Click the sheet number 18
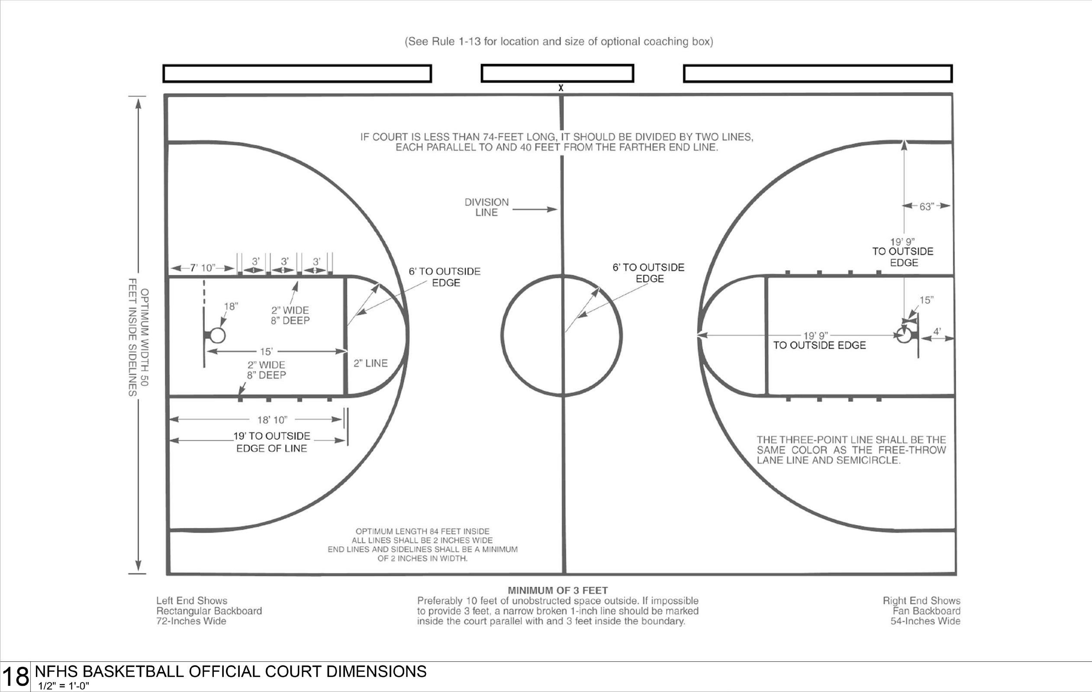click(16, 676)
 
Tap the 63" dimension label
click(927, 207)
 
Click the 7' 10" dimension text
click(202, 268)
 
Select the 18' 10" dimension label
click(272, 420)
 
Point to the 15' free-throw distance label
click(266, 352)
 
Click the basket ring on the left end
click(218, 335)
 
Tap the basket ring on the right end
click(904, 336)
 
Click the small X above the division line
click(561, 87)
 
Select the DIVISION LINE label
click(486, 207)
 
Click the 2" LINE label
click(370, 363)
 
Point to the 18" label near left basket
click(231, 306)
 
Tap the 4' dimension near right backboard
click(937, 332)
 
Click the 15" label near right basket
click(927, 300)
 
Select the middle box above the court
click(557, 74)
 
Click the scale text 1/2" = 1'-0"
click(64, 686)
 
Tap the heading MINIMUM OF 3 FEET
click(557, 590)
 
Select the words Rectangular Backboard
click(209, 611)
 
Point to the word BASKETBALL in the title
click(134, 671)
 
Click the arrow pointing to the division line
click(535, 209)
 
